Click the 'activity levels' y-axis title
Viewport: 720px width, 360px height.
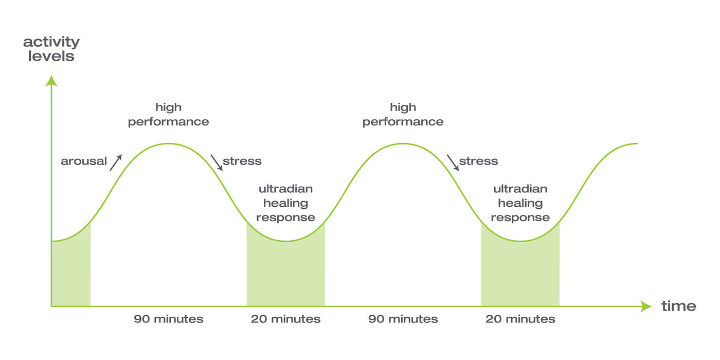point(51,49)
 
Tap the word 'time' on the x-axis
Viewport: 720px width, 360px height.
point(678,307)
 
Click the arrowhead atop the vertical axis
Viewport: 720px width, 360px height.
point(51,81)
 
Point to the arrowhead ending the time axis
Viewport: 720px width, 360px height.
point(646,307)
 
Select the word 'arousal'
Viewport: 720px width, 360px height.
point(83,161)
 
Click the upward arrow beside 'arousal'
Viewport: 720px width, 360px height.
point(116,162)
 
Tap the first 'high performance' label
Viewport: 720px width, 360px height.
point(168,115)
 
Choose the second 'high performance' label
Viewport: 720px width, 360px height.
point(403,115)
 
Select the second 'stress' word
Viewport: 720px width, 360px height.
point(478,161)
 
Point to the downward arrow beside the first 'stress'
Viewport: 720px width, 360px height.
point(217,163)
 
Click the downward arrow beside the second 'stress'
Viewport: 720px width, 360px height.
point(453,163)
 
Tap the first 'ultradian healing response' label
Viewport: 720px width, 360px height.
point(285,203)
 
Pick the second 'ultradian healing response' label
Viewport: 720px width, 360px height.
point(520,203)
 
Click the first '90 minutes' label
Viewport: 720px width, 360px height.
point(168,319)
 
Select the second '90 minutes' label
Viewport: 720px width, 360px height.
point(403,319)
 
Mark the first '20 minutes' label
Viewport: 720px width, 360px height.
point(285,319)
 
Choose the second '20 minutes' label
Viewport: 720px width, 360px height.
point(520,319)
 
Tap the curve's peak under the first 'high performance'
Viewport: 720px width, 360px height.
point(168,143)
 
